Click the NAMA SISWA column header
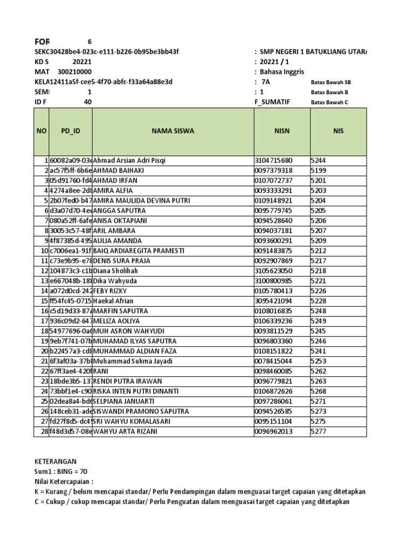(172, 130)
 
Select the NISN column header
(282, 130)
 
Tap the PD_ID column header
(71, 130)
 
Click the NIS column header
(338, 130)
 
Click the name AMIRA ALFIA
(114, 190)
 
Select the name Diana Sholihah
(115, 271)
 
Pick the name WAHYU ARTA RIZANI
(127, 431)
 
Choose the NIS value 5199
(318, 170)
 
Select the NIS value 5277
(318, 431)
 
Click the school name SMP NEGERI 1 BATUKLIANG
(313, 51)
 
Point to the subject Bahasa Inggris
(282, 72)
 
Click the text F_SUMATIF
(268, 102)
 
